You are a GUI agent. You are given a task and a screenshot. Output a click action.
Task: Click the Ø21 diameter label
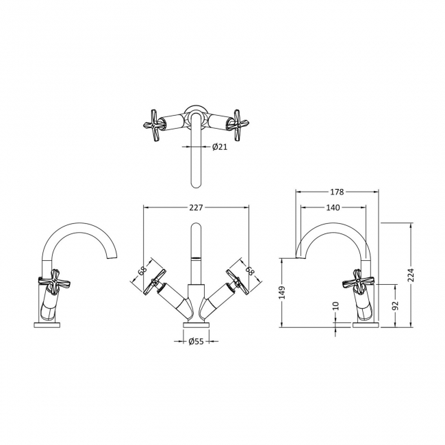[x=220, y=147]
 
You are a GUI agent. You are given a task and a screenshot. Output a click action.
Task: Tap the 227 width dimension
[x=196, y=207]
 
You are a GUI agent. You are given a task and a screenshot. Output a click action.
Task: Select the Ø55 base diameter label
[x=196, y=341]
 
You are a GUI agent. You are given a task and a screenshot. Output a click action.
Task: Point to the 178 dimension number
[x=337, y=192]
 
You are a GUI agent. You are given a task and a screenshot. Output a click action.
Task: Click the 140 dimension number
[x=333, y=207]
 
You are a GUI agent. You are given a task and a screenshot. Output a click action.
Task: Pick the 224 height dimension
[x=411, y=275]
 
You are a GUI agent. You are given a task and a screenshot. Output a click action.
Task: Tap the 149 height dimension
[x=282, y=292]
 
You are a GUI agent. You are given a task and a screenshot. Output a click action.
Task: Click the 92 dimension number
[x=395, y=305]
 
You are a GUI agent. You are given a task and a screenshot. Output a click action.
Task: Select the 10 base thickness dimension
[x=335, y=305]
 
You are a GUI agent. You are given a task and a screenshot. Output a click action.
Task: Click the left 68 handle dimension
[x=143, y=270]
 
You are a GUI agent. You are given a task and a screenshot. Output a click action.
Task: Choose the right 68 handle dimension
[x=249, y=270]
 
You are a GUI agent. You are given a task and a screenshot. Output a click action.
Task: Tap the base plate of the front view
[x=196, y=325]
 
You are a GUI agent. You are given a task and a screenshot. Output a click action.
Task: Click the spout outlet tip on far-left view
[x=112, y=256]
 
